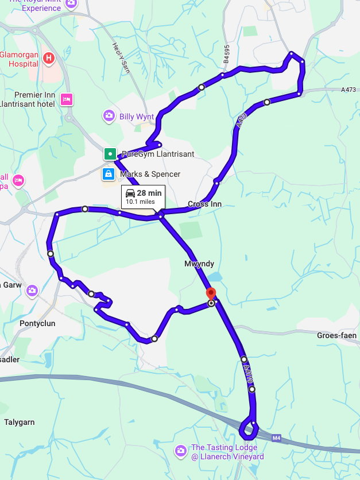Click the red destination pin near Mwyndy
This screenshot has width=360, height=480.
click(x=211, y=293)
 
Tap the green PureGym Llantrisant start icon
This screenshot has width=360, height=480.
click(x=110, y=154)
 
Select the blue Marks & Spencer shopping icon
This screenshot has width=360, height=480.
click(x=108, y=174)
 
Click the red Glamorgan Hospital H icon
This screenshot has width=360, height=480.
click(x=49, y=58)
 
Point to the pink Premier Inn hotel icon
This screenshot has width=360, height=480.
click(x=66, y=99)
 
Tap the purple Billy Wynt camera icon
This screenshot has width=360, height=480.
click(x=109, y=117)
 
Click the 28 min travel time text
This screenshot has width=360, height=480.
click(x=150, y=193)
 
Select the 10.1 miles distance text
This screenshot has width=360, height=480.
click(x=140, y=202)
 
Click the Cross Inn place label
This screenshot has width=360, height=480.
click(x=204, y=204)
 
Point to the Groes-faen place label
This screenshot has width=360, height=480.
click(x=336, y=335)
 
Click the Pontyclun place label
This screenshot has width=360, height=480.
click(x=37, y=323)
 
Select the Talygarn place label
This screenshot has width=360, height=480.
click(x=20, y=422)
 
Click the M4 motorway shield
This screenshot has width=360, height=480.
click(x=277, y=438)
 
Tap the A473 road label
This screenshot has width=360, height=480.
click(x=348, y=90)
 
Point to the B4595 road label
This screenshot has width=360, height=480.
click(x=227, y=56)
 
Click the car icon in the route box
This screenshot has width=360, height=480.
click(x=130, y=193)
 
